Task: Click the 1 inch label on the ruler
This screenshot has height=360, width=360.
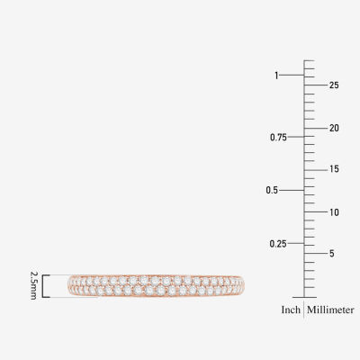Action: point(276,76)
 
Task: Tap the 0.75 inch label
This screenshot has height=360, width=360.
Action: point(278,138)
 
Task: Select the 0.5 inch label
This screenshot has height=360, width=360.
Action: point(272,190)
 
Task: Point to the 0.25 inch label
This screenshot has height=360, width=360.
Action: point(278,244)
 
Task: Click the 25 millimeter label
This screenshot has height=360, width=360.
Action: point(334,85)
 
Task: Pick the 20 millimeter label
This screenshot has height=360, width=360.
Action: point(334,129)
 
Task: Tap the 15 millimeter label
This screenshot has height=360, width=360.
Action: point(334,169)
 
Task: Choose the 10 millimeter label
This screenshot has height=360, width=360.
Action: point(334,212)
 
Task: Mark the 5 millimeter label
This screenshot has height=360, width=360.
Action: point(331,254)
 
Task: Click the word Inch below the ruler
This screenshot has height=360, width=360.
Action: point(291,310)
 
